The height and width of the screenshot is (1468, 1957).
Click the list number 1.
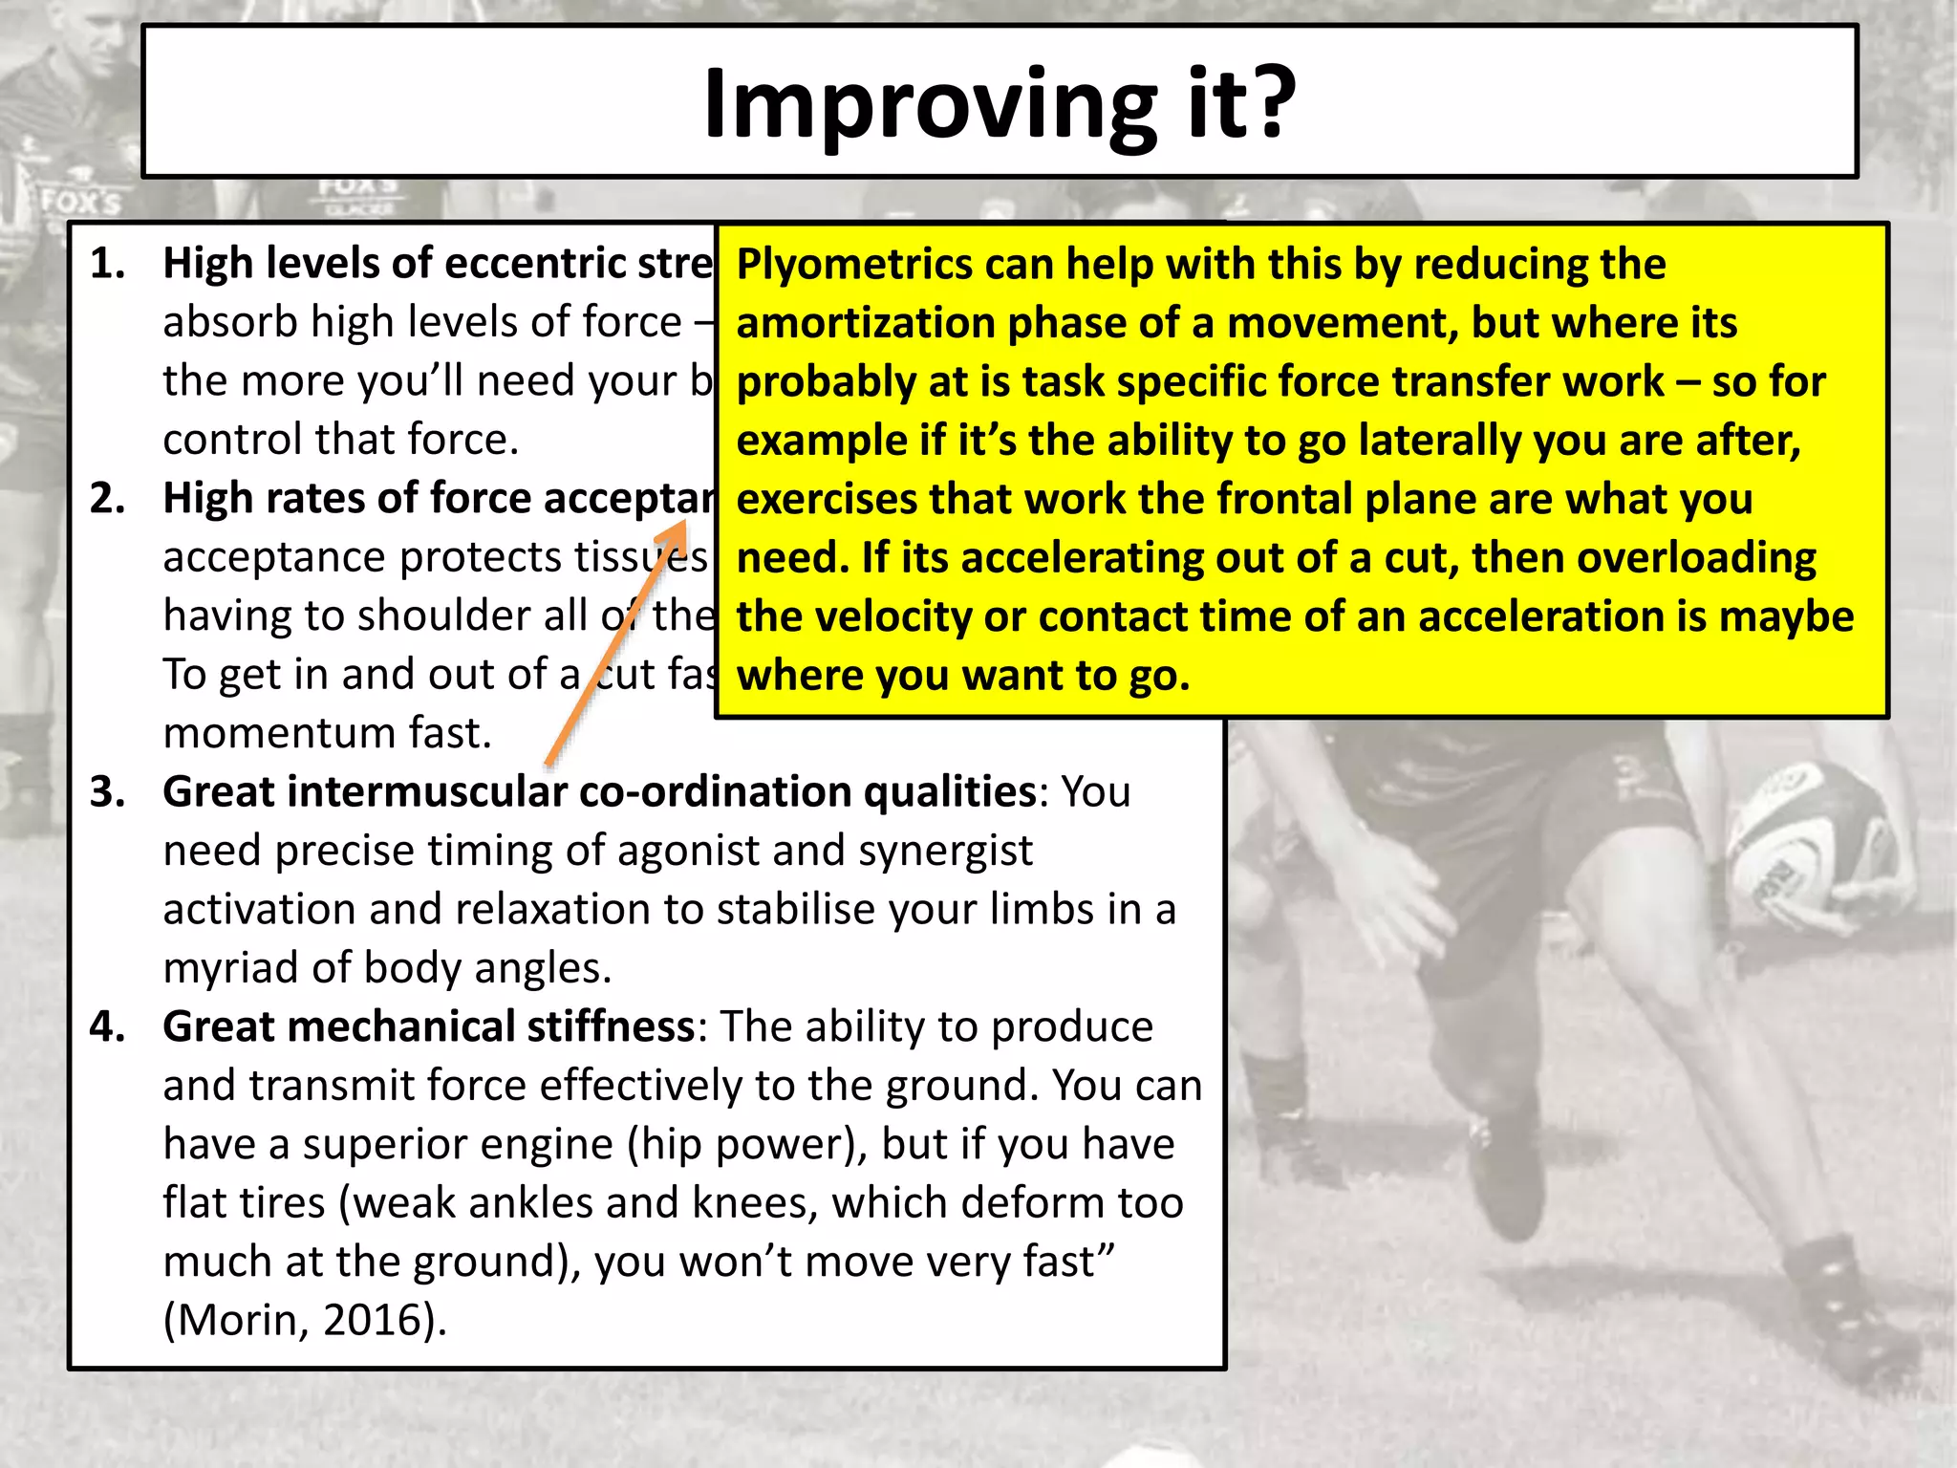(x=108, y=264)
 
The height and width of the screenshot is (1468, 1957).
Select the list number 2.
(x=108, y=499)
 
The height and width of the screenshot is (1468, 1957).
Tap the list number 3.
(x=108, y=792)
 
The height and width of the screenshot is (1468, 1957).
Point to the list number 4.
(x=108, y=1027)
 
